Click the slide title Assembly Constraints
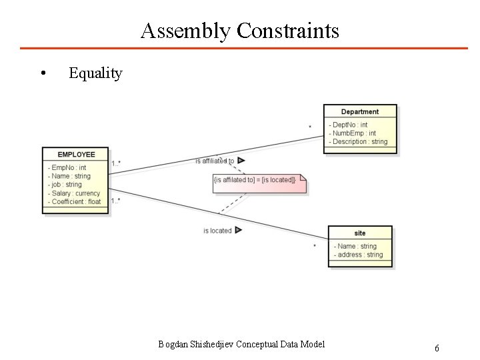(x=240, y=31)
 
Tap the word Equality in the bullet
(x=95, y=73)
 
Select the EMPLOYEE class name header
(x=76, y=155)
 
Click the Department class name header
(x=359, y=112)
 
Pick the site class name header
(x=360, y=233)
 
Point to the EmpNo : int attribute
(x=69, y=167)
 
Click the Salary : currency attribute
(x=75, y=193)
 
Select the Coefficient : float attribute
(x=76, y=201)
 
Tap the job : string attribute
(x=67, y=185)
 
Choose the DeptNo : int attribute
(x=349, y=125)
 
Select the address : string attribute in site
(x=360, y=255)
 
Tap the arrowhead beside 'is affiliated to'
(x=241, y=161)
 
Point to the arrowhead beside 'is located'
(x=239, y=230)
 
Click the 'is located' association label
(x=217, y=231)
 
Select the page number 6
(x=437, y=348)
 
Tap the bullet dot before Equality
(x=43, y=73)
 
